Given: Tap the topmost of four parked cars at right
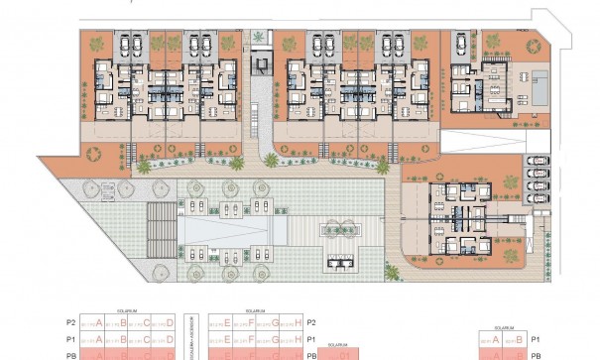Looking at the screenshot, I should coord(536,162).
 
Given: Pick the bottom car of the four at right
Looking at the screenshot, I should coord(536,199).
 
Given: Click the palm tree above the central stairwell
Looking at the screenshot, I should coord(259,38).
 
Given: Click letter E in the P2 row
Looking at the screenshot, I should coord(228,323).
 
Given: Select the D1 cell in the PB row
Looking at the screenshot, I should coord(342,355).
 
